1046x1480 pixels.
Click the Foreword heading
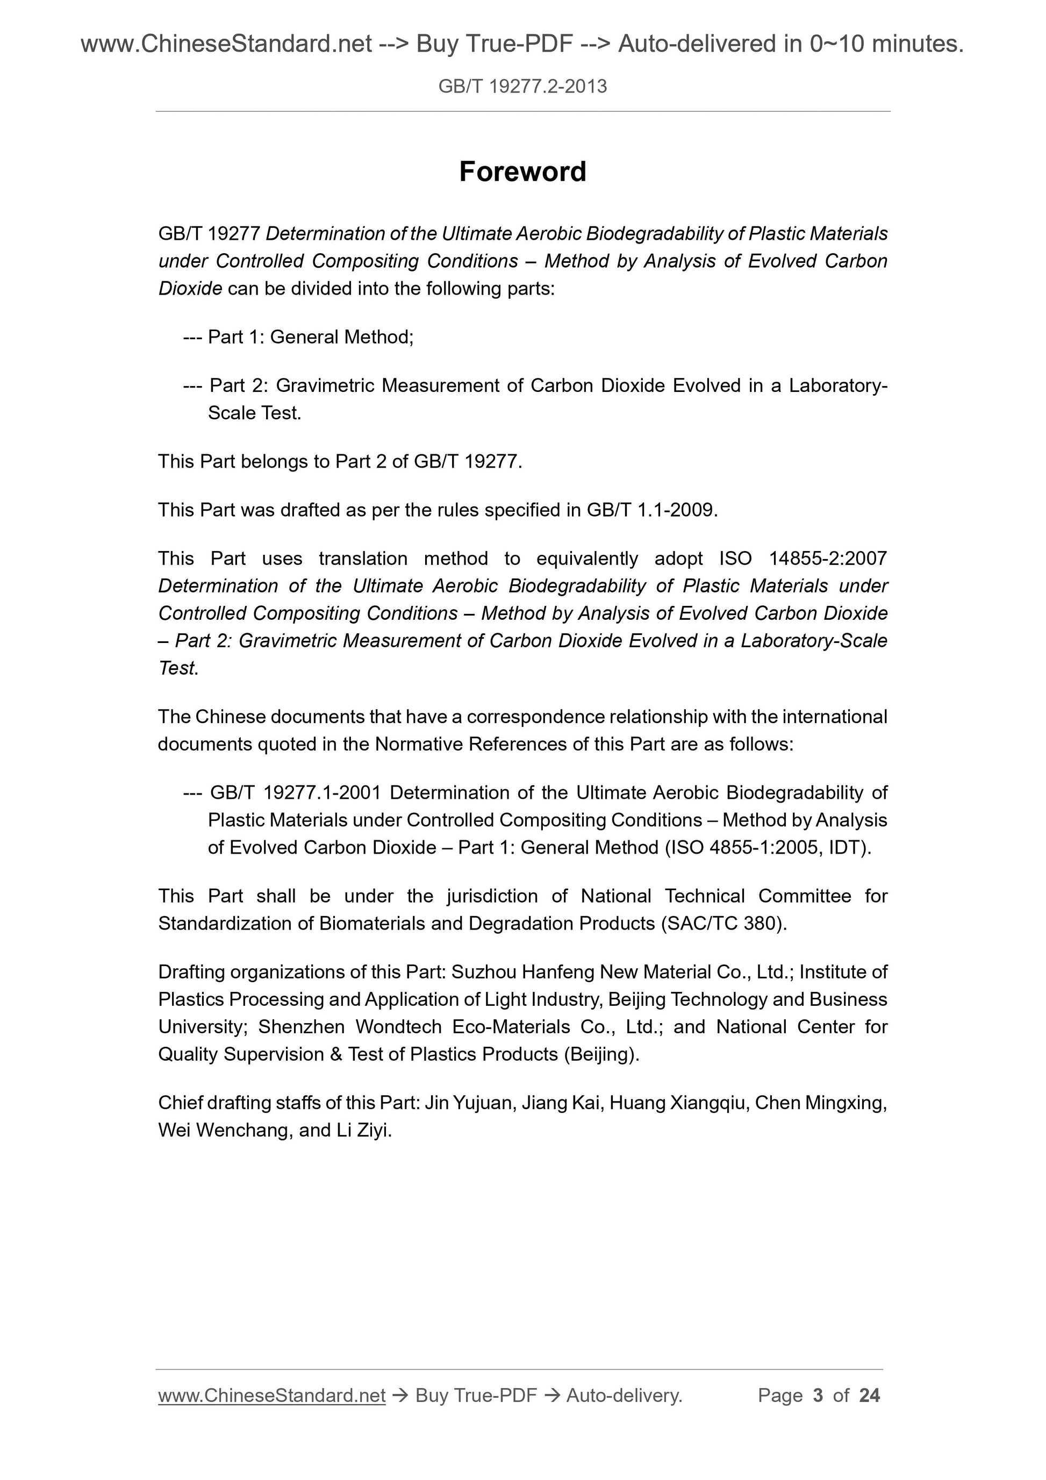coord(522,172)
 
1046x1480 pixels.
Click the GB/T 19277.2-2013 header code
coord(522,87)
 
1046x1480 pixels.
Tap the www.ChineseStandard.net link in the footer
coord(271,1395)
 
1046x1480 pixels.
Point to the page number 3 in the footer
coord(818,1395)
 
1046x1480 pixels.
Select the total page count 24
coord(869,1395)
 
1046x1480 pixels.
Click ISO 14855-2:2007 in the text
coord(803,558)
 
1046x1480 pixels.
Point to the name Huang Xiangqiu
coord(677,1103)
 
